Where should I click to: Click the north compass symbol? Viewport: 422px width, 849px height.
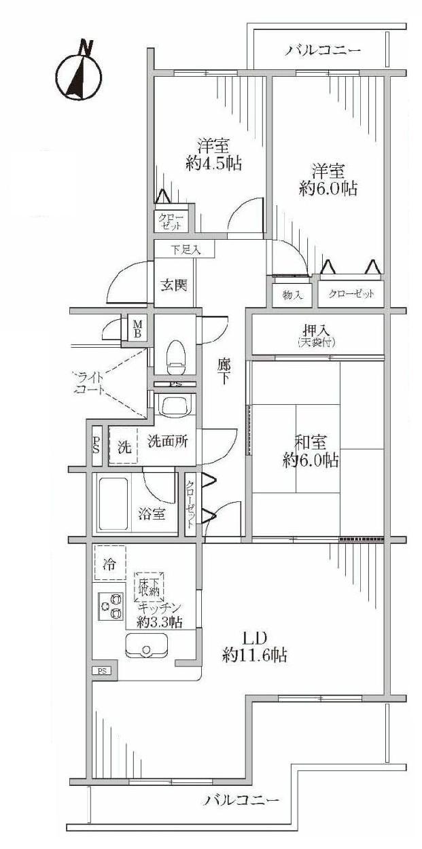click(78, 73)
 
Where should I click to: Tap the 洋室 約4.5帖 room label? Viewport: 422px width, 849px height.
click(213, 155)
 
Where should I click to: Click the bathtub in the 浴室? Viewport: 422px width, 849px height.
click(118, 504)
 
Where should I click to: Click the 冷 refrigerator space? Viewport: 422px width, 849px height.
click(109, 563)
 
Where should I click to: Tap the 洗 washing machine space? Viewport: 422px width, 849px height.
click(124, 448)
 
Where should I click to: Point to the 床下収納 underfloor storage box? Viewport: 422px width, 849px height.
click(149, 585)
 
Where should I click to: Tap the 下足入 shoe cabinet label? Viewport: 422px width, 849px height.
click(185, 250)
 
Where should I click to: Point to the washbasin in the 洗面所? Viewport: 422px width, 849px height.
click(175, 406)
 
